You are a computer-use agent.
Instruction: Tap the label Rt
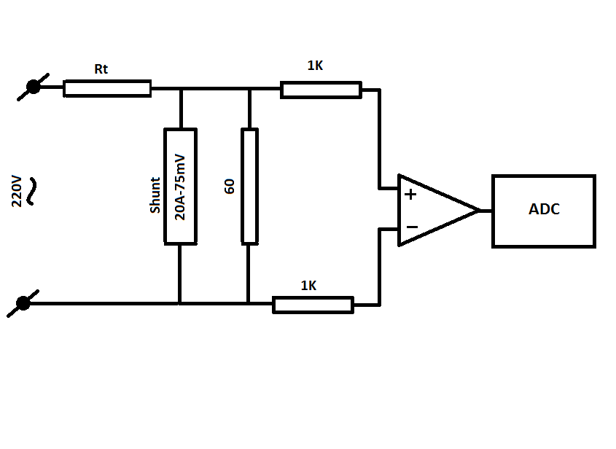[x=101, y=69]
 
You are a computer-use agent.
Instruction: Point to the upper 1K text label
[x=315, y=65]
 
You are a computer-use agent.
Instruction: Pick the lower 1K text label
[x=308, y=286]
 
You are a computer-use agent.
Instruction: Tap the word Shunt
[x=155, y=195]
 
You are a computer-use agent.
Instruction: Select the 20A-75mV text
[x=179, y=187]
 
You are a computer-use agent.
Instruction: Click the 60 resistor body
[x=249, y=186]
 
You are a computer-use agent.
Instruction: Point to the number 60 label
[x=229, y=186]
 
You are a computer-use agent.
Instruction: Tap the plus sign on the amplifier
[x=410, y=195]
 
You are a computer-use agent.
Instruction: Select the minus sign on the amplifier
[x=412, y=227]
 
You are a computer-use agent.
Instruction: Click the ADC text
[x=544, y=209]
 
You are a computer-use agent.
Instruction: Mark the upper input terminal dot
[x=33, y=87]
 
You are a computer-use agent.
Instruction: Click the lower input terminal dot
[x=23, y=303]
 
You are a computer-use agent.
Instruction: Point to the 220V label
[x=17, y=191]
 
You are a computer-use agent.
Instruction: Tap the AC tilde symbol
[x=31, y=191]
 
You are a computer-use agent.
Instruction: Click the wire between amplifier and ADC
[x=486, y=211]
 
